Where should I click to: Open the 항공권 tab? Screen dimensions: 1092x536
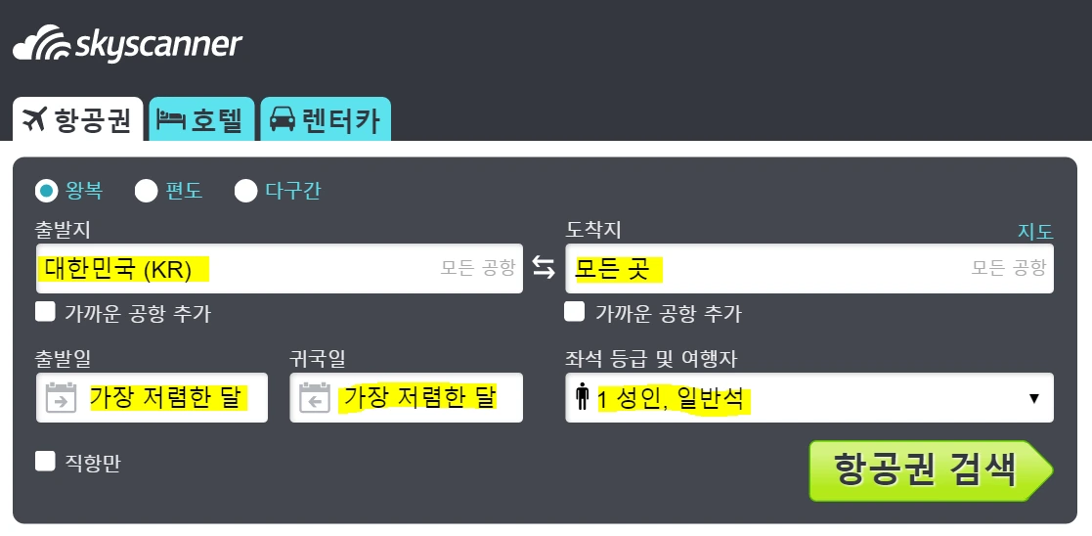[x=78, y=120]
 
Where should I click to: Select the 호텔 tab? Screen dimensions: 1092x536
[x=202, y=120]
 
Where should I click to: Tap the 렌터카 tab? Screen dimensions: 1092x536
[x=326, y=120]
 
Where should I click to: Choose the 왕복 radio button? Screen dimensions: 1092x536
[x=46, y=190]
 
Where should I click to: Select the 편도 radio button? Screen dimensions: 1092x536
[x=147, y=191]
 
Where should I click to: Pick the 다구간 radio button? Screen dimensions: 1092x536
[x=246, y=191]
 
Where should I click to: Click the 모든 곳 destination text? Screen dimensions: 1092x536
[x=612, y=269]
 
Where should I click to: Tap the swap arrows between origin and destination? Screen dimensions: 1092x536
[x=544, y=268]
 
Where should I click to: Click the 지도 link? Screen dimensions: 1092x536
[x=1035, y=232]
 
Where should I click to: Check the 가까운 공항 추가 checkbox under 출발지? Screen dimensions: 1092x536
[x=45, y=312]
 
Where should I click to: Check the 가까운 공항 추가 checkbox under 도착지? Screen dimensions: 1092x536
[x=576, y=312]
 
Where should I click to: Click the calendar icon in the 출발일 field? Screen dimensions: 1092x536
[x=62, y=399]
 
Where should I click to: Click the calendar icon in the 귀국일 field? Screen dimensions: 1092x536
[x=314, y=399]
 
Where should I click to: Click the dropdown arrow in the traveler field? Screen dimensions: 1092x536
[x=1033, y=398]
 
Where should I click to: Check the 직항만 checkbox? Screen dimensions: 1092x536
[x=45, y=461]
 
